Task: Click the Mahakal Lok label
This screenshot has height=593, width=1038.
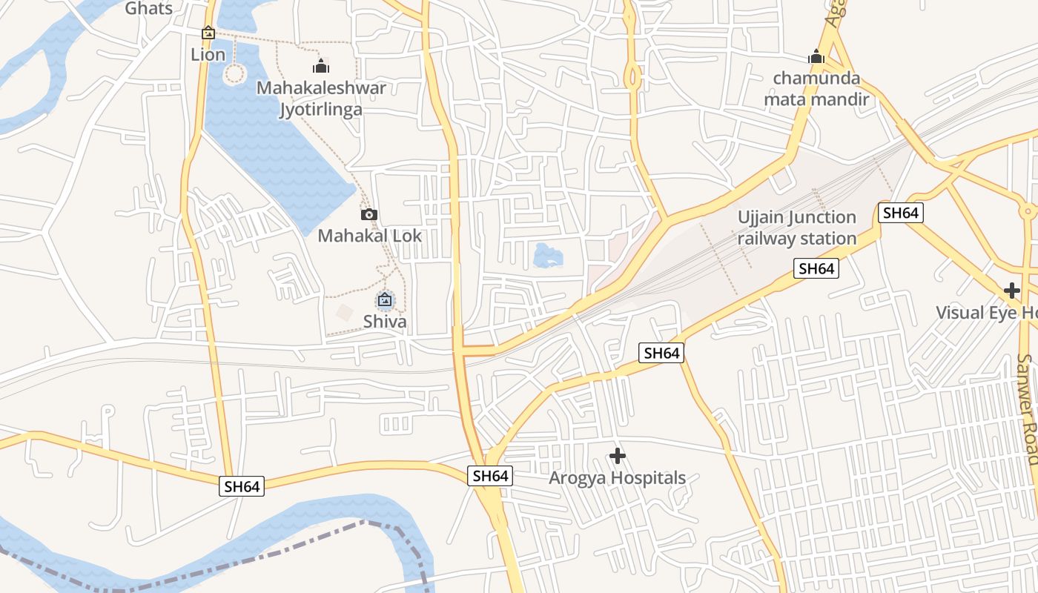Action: (369, 236)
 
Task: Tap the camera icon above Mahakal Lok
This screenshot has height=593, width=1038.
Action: (368, 215)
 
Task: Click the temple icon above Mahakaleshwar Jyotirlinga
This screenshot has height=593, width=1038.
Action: (321, 67)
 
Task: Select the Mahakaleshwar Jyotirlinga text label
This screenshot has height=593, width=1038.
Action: (321, 99)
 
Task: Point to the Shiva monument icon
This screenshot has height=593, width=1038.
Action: (384, 300)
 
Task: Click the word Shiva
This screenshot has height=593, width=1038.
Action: (384, 322)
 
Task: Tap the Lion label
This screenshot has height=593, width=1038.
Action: (208, 54)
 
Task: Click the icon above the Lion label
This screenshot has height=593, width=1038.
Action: (208, 33)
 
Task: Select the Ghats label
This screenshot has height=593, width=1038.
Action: (148, 9)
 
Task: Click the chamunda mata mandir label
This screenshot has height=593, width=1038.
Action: (816, 88)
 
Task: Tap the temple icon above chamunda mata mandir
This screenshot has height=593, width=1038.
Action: (816, 56)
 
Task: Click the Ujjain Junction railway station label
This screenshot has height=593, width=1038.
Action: (797, 228)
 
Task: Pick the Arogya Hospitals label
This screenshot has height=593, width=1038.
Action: (617, 478)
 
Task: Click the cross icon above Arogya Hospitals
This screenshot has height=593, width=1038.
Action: (617, 456)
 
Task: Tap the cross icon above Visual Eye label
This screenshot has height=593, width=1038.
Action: (1012, 290)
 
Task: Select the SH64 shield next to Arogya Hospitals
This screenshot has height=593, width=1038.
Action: (490, 476)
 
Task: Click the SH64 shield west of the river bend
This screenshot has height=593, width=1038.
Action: (242, 486)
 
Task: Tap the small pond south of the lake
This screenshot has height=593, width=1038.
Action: (548, 256)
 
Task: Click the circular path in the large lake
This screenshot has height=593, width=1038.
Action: (234, 73)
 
